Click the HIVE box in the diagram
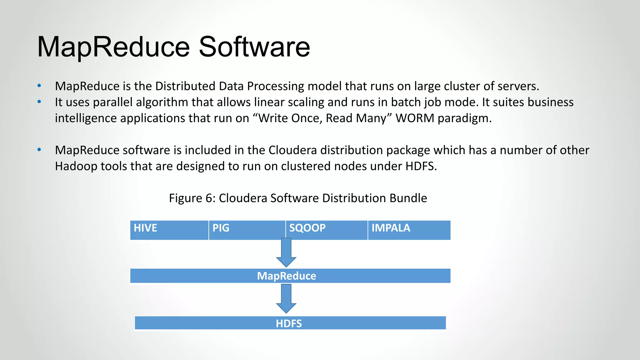pyautogui.click(x=169, y=230)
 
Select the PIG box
pyautogui.click(x=247, y=230)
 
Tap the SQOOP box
pyautogui.click(x=327, y=230)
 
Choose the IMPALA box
pyautogui.click(x=409, y=230)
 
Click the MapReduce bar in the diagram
pyautogui.click(x=290, y=276)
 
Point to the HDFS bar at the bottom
pyautogui.click(x=290, y=323)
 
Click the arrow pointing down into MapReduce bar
pyautogui.click(x=286, y=253)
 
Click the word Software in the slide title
pyautogui.click(x=254, y=47)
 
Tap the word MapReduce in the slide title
pyautogui.click(x=113, y=47)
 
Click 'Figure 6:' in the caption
pyautogui.click(x=192, y=198)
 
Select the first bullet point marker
pyautogui.click(x=39, y=86)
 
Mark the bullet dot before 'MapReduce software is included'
pyautogui.click(x=39, y=150)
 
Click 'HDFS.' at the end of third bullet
pyautogui.click(x=421, y=166)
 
